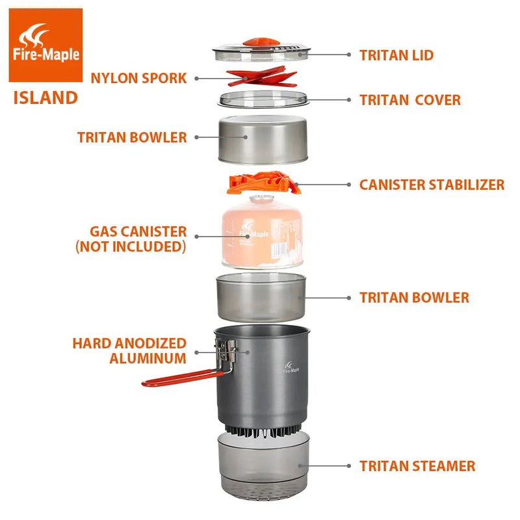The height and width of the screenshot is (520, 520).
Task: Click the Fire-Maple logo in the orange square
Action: click(x=45, y=44)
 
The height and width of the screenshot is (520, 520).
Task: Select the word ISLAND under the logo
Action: click(x=45, y=98)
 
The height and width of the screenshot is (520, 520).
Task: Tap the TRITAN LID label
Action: click(x=396, y=55)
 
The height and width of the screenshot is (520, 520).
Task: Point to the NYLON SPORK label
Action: click(x=138, y=78)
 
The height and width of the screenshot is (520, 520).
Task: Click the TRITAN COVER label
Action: click(x=409, y=100)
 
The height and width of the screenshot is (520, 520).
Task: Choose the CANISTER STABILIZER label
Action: click(x=432, y=185)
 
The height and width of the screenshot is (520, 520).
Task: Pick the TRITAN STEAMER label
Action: click(x=417, y=466)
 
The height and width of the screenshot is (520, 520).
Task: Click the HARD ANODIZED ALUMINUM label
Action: click(x=129, y=350)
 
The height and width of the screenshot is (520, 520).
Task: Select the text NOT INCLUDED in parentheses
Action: click(x=131, y=247)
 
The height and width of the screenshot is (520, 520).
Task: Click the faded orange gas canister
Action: click(x=261, y=234)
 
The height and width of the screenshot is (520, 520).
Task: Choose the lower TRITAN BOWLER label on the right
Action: click(x=414, y=298)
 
